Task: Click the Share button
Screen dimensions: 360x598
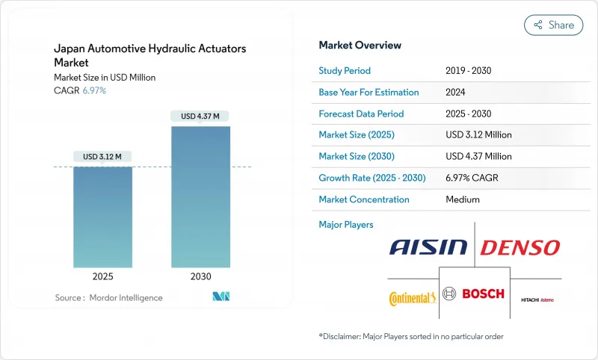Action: [x=553, y=25]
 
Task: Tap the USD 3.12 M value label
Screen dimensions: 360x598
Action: [x=102, y=156]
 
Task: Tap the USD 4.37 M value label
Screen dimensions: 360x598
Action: [x=200, y=116]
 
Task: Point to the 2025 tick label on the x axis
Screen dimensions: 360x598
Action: [x=102, y=276]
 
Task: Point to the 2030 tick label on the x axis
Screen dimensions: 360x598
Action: [x=200, y=276]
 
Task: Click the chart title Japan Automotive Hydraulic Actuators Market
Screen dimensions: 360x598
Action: [x=149, y=55]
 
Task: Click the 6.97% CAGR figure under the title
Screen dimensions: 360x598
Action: [x=93, y=90]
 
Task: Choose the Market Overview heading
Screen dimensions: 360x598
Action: [x=360, y=46]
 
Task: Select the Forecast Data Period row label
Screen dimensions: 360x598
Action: [x=361, y=114]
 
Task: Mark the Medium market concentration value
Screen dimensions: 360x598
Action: [x=463, y=199]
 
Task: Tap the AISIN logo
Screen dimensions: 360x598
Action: [x=428, y=248]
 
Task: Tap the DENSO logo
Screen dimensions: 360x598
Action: [x=520, y=248]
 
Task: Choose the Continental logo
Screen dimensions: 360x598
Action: [x=412, y=298]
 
